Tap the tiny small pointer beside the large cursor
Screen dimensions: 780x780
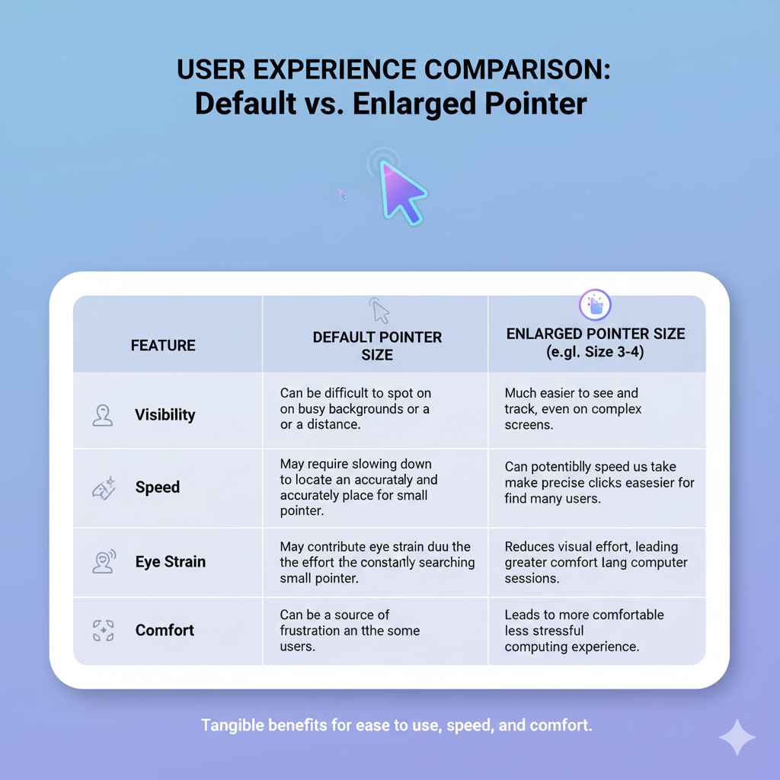pos(342,196)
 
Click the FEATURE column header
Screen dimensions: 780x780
pos(163,345)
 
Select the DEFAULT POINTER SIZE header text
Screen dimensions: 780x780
pos(377,346)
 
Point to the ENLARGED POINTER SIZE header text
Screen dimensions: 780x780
pos(596,343)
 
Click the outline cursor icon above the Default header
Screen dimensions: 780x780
pos(379,310)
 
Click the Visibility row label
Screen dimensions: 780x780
pos(165,415)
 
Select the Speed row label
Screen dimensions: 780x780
pos(157,487)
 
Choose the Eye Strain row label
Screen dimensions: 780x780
pos(170,562)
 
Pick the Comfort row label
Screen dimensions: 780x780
pos(165,631)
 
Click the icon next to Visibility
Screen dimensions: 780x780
pos(101,415)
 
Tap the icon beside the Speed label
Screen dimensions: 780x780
pos(103,487)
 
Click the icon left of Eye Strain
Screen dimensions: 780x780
pos(103,561)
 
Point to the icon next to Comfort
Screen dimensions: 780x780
pos(102,631)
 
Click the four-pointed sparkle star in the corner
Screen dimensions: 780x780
pos(737,736)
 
